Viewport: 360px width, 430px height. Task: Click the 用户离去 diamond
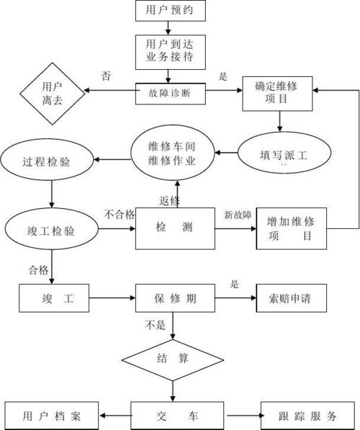point(51,93)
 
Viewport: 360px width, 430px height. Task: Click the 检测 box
point(175,228)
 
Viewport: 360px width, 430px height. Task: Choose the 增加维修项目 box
point(291,228)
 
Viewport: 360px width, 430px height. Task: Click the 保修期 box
point(175,297)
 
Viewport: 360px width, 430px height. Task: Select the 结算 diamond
point(173,358)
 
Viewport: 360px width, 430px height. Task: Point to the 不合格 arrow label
point(120,215)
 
